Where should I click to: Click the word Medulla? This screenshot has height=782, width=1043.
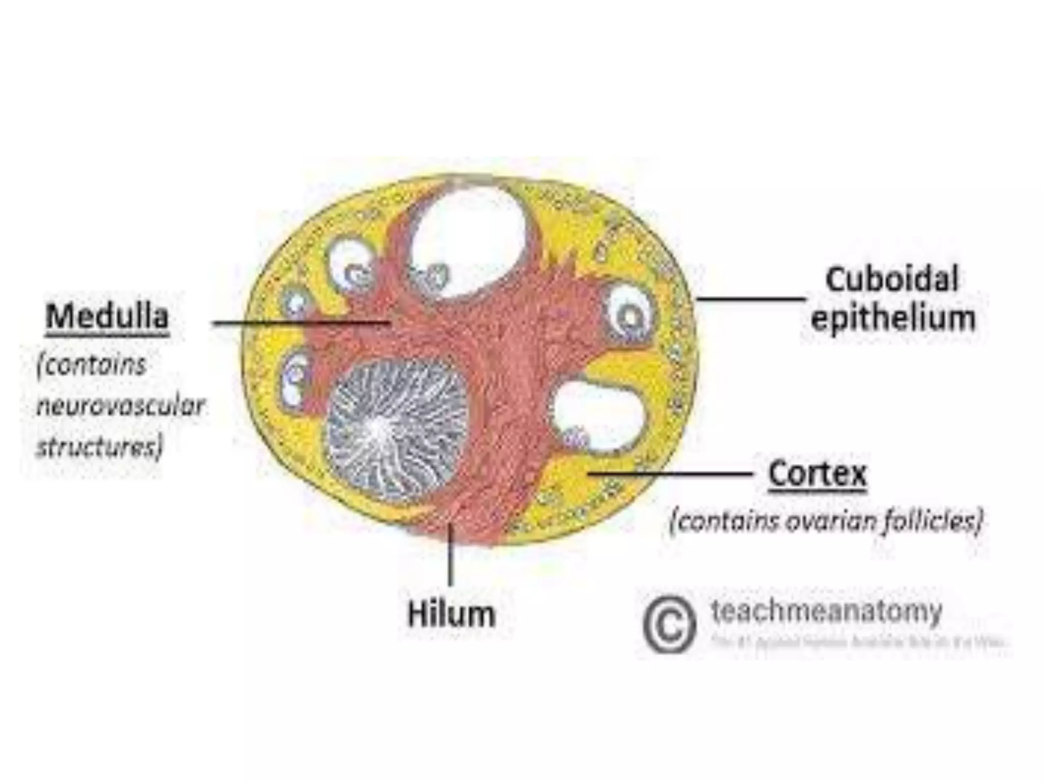(107, 317)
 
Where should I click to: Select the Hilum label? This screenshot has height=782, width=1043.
(451, 614)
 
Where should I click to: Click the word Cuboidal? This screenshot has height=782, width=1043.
(891, 280)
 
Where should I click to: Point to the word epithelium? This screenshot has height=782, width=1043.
(893, 318)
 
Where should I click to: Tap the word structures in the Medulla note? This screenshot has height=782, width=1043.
(100, 446)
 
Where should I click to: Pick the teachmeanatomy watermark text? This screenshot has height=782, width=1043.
(826, 611)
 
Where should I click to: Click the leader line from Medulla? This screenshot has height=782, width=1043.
(300, 323)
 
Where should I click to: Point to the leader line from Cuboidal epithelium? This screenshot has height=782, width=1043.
(751, 299)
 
